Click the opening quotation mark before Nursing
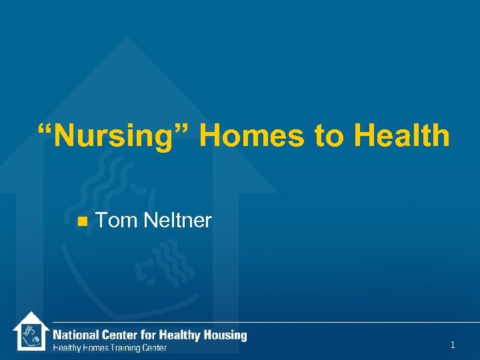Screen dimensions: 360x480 click(45, 130)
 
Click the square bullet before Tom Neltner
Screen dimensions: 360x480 click(82, 221)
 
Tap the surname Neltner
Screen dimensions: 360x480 click(177, 220)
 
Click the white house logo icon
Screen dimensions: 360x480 click(30, 331)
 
